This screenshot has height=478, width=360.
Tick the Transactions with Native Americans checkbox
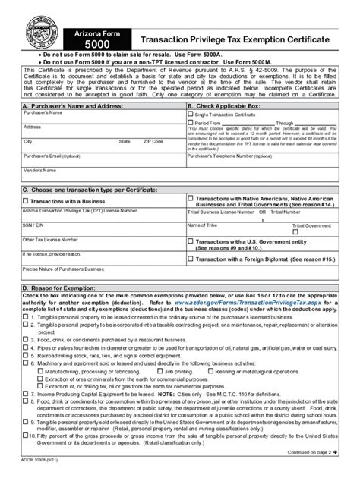click(x=191, y=198)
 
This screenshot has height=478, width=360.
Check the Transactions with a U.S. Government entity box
click(x=191, y=241)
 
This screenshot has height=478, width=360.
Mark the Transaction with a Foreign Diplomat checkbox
click(x=191, y=259)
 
